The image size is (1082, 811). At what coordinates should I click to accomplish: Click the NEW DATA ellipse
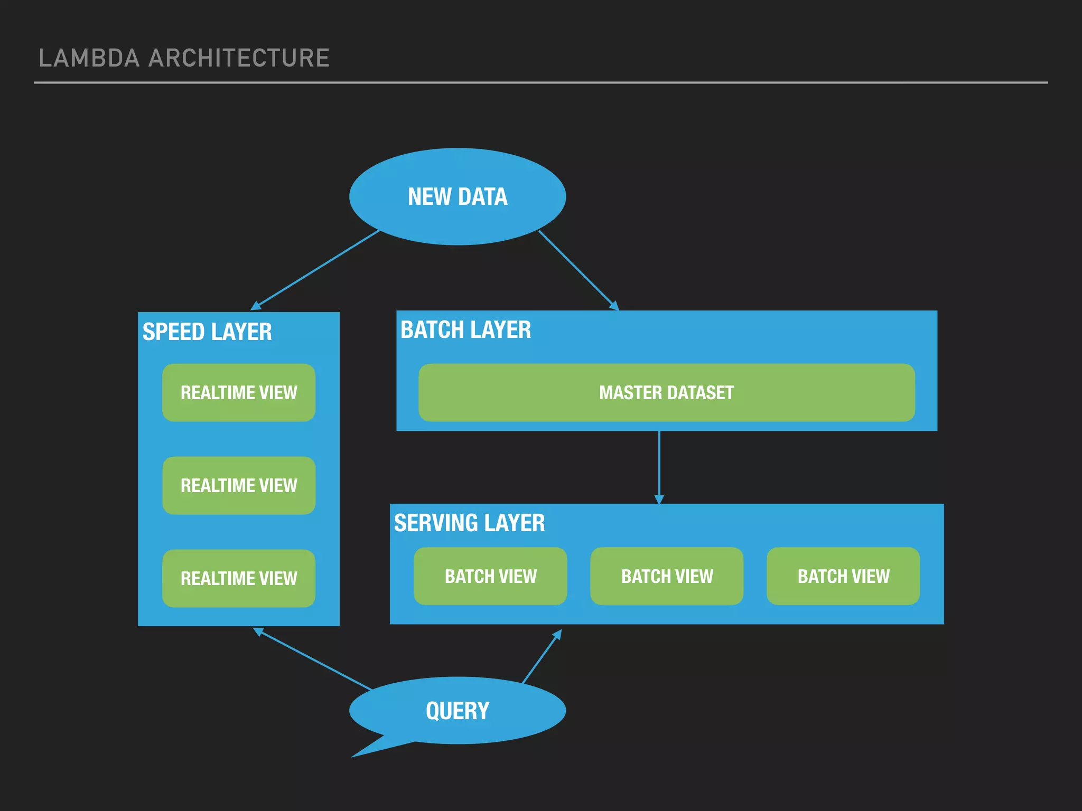tap(458, 196)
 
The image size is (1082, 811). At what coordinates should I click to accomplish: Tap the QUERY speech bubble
tap(458, 711)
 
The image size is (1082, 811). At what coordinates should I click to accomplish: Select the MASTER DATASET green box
tap(667, 392)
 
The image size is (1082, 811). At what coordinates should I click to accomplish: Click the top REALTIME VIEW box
tap(239, 392)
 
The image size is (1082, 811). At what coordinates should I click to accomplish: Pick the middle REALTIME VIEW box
tap(239, 485)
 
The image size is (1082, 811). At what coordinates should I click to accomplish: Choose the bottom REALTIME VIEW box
tap(239, 578)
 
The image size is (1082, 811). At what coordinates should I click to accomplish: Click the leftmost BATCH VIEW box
tap(490, 576)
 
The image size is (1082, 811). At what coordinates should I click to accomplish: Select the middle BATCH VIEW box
tap(667, 576)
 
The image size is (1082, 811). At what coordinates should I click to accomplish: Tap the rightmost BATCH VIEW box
tap(843, 576)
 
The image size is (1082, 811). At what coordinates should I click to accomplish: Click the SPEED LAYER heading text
tap(207, 332)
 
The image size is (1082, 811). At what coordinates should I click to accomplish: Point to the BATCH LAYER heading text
tap(465, 330)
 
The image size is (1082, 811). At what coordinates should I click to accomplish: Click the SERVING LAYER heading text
tap(469, 523)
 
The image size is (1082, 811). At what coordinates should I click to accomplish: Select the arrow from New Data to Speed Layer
tap(316, 269)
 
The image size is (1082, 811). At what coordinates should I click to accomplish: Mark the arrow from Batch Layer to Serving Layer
tap(659, 467)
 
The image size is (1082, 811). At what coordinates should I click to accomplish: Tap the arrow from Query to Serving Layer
tap(542, 656)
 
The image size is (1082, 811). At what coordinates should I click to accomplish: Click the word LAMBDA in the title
tap(89, 58)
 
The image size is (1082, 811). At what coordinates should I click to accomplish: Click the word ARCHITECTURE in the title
tap(239, 58)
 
